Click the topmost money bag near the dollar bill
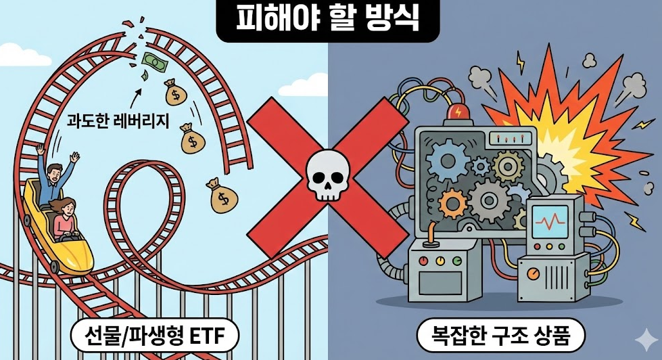[x=172, y=91]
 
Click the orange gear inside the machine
[x=452, y=202]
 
